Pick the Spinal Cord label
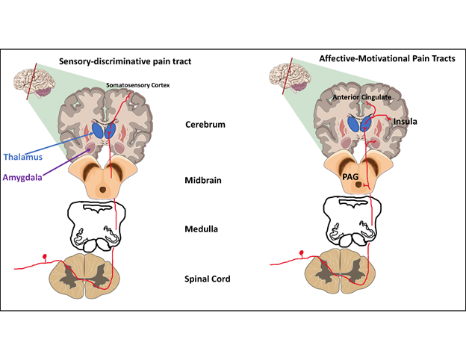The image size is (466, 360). [207, 279]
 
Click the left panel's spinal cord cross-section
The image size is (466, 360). [93, 274]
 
